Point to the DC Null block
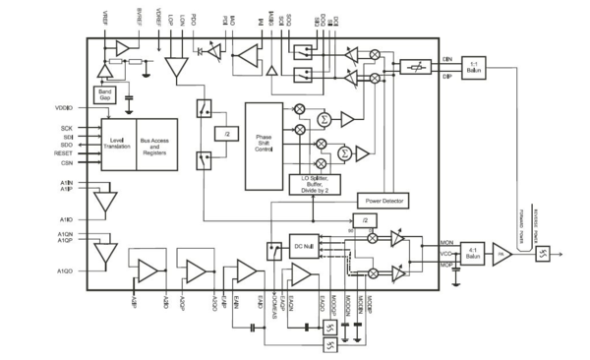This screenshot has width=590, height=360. tap(304, 245)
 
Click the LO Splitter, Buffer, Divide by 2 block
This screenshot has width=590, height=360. tap(317, 181)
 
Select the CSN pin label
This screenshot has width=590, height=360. tap(67, 165)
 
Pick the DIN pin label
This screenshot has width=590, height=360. tap(446, 58)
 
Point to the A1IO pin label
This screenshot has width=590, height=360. tap(66, 218)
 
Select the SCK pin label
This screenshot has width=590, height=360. tap(67, 126)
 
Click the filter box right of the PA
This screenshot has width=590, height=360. tap(543, 254)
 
